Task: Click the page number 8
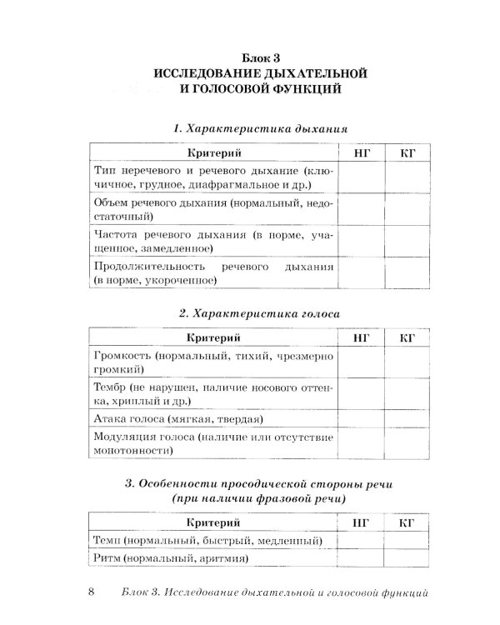[x=91, y=592]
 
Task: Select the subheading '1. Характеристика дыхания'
[x=260, y=129]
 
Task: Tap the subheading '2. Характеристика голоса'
[x=260, y=314]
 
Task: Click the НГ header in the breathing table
[x=362, y=152]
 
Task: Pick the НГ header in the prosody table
[x=362, y=522]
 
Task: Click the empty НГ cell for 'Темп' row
[x=362, y=541]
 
